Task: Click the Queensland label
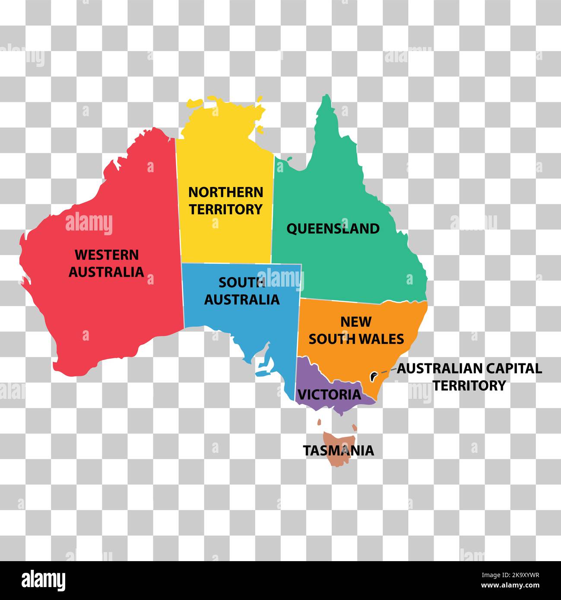(333, 228)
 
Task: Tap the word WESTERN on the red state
(107, 255)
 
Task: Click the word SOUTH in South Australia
(241, 282)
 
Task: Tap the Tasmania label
(338, 450)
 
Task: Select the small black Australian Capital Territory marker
(373, 376)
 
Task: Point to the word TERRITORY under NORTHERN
(226, 209)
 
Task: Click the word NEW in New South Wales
(356, 322)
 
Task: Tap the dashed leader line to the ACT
(388, 371)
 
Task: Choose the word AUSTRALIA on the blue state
(241, 299)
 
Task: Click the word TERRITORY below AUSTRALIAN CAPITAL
(469, 385)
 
